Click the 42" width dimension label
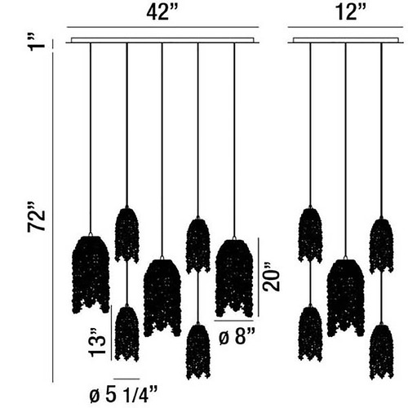pyautogui.click(x=162, y=12)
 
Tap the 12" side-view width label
pyautogui.click(x=351, y=12)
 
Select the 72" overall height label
pyautogui.click(x=36, y=217)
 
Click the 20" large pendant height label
pyautogui.click(x=272, y=277)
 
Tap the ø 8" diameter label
pyautogui.click(x=237, y=336)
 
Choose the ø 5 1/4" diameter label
pyautogui.click(x=123, y=394)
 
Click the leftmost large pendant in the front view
pyautogui.click(x=91, y=274)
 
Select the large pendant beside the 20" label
pyautogui.click(x=234, y=278)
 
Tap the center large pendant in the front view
pyautogui.click(x=162, y=298)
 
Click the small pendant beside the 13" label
pyautogui.click(x=127, y=334)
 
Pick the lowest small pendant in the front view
pyautogui.click(x=198, y=352)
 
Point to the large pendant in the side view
pyautogui.click(x=345, y=298)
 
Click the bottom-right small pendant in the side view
pyautogui.click(x=382, y=351)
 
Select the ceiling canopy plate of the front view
pyautogui.click(x=162, y=41)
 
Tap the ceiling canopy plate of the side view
pyautogui.click(x=345, y=41)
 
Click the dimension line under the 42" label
pyautogui.click(x=162, y=27)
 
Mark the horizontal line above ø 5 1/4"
pyautogui.click(x=126, y=379)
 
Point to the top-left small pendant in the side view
pyautogui.click(x=310, y=235)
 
